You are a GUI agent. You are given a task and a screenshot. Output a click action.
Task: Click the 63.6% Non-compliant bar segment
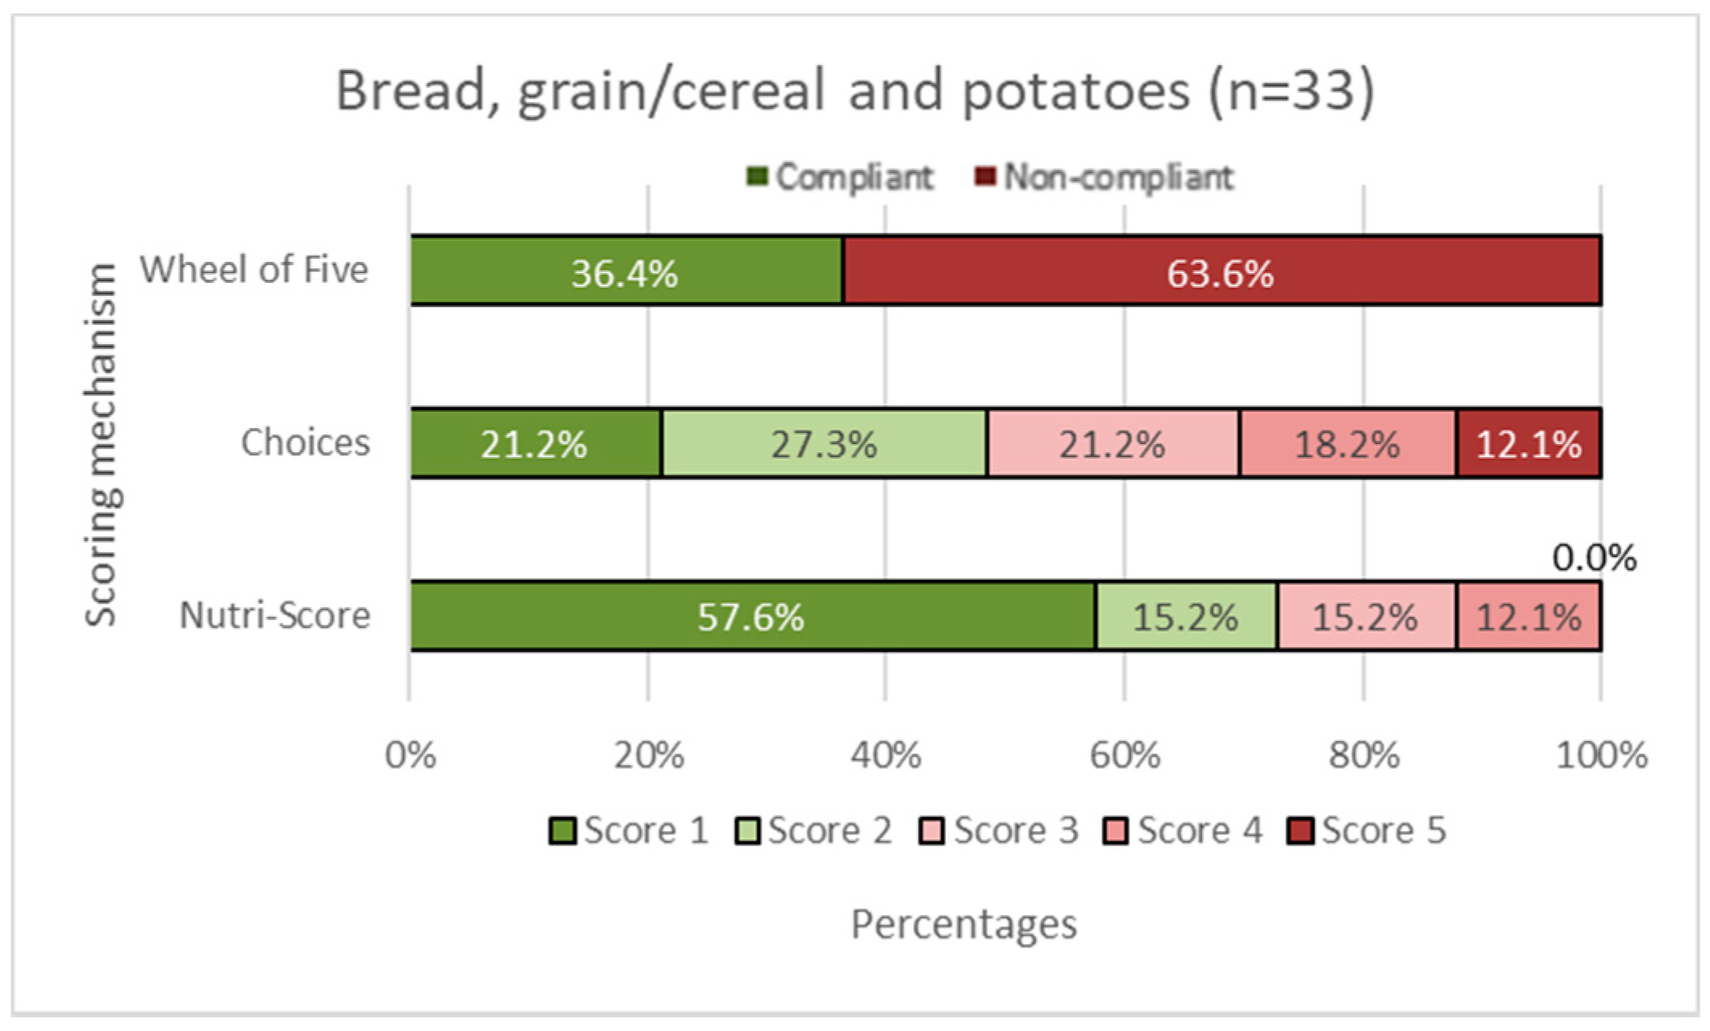coord(1221,272)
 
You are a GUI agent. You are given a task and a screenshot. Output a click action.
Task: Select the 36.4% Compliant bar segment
coord(625,272)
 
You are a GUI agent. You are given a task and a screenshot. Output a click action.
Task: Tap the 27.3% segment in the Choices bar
coord(824,444)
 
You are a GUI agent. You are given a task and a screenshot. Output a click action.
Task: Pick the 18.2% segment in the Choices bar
coord(1347,444)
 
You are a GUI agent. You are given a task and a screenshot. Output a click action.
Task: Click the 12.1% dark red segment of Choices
coord(1529,444)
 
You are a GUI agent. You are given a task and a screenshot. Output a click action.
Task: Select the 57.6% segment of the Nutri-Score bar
coord(751,617)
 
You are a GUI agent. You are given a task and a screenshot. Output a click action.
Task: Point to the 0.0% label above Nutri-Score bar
coord(1593,558)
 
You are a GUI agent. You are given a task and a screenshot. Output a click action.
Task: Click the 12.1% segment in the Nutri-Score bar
coord(1529,617)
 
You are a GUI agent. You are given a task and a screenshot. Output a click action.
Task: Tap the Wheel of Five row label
coord(254,269)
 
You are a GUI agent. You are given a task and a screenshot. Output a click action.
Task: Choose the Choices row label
coord(305,443)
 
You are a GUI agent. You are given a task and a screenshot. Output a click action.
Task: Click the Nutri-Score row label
coord(275,615)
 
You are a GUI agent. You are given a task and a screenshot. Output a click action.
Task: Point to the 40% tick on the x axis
coord(886,755)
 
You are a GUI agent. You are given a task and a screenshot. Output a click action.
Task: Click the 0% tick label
coord(410,755)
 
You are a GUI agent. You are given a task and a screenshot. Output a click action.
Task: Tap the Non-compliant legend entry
coord(1105,177)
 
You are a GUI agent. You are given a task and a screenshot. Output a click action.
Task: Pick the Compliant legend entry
coord(840,177)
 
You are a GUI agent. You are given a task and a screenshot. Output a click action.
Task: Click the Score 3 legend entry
coord(999,830)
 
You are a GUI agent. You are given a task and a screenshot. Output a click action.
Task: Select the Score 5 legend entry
coord(1368,830)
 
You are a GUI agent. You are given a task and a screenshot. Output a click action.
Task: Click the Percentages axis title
coord(964,924)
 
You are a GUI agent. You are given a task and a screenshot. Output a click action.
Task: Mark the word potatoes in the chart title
coord(1076,90)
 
